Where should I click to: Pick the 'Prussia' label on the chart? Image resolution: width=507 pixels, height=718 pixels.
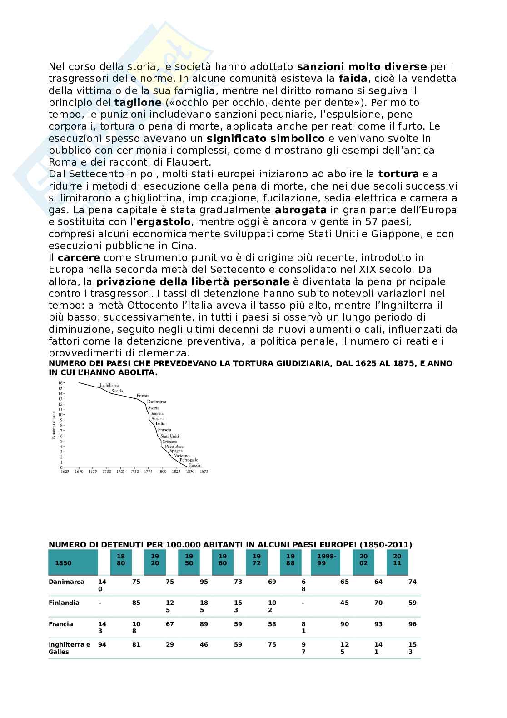click(143, 396)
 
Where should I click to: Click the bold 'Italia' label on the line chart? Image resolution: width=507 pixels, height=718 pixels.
click(160, 424)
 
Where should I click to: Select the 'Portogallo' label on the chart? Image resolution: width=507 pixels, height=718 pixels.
click(189, 460)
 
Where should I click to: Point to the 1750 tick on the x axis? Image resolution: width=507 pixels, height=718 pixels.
click(134, 472)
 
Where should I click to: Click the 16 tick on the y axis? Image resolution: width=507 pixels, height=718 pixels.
click(60, 383)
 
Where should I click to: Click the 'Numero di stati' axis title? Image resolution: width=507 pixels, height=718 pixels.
click(54, 425)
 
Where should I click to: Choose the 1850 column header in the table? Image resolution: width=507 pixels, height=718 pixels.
click(63, 563)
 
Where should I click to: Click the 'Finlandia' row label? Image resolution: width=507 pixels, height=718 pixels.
click(64, 603)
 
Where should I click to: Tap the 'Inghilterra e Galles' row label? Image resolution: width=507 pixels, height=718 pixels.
click(70, 648)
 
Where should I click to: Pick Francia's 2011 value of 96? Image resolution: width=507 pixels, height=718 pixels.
click(412, 624)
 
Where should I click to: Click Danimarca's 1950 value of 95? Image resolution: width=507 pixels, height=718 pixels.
click(204, 582)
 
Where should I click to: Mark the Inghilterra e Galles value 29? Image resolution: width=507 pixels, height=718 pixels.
click(169, 644)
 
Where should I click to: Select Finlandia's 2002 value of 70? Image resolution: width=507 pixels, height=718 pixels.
click(378, 603)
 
